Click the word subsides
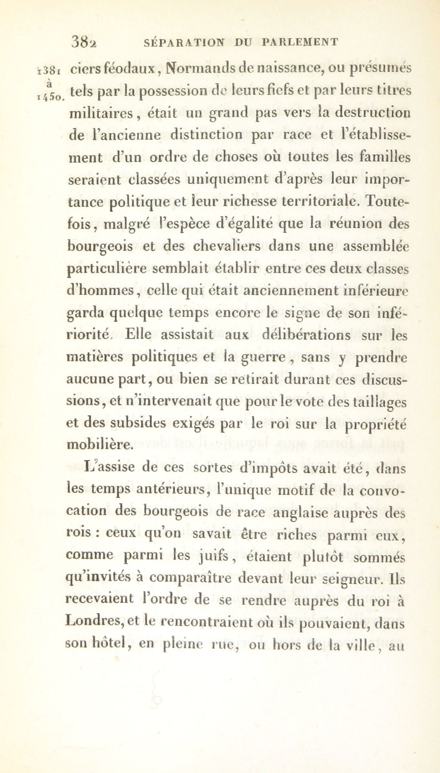click(x=138, y=424)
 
